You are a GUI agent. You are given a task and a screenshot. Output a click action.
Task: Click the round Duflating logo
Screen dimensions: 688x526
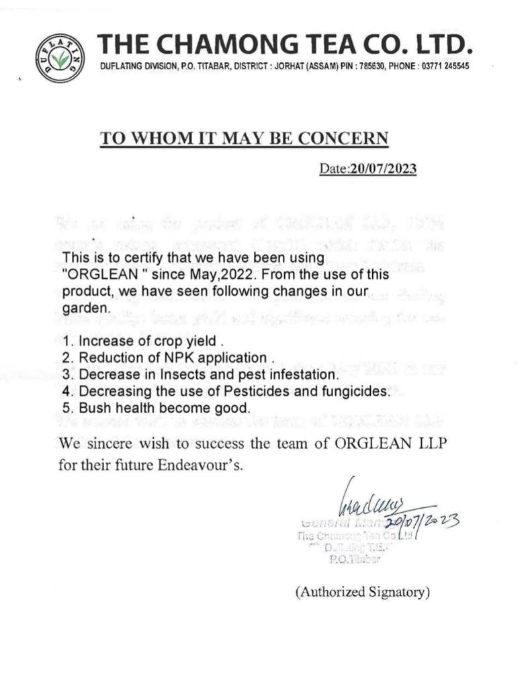click(x=60, y=58)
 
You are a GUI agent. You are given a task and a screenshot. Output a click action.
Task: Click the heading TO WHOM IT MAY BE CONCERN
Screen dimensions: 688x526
click(x=245, y=138)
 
